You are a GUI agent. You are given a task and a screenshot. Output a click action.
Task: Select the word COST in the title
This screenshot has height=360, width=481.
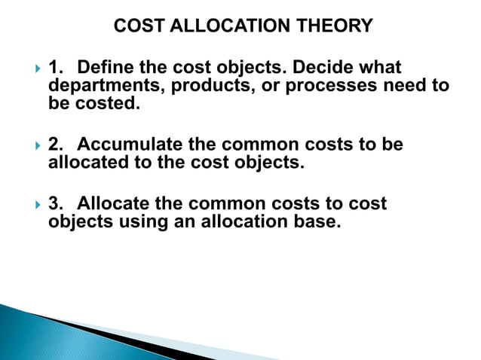coord(136,26)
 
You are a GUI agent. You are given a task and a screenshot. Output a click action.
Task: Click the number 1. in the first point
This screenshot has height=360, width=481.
coord(56,69)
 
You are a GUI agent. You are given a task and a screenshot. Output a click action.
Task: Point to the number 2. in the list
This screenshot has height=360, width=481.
coord(56,144)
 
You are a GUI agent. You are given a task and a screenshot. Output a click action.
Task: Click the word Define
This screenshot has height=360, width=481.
coord(112,69)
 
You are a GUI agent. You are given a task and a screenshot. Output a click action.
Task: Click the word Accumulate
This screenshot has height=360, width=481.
coord(125,144)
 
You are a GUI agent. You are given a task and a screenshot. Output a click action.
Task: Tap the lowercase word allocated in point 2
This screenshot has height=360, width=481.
coord(87,161)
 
